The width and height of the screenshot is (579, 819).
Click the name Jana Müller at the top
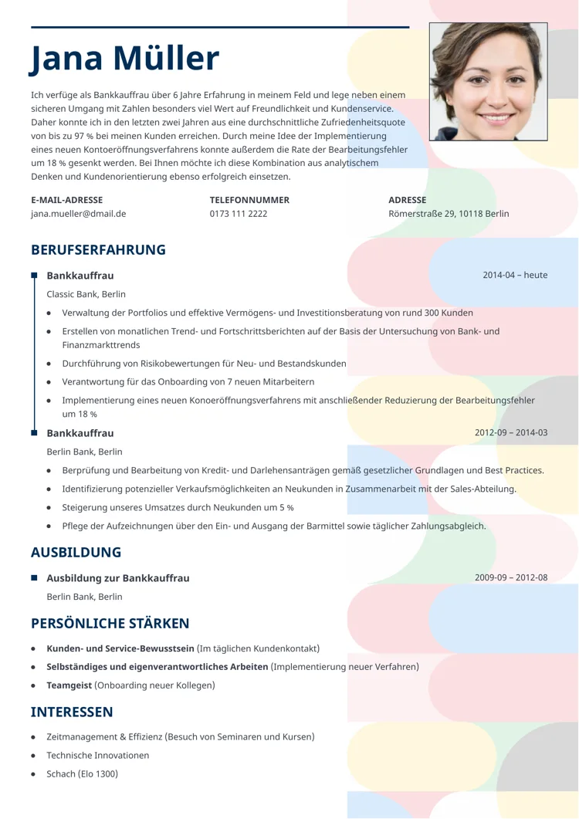[x=125, y=59]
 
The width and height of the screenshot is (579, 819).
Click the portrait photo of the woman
[x=488, y=81]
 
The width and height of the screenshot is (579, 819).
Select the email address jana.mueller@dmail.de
[x=78, y=214]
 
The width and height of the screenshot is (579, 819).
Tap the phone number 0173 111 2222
[x=239, y=214]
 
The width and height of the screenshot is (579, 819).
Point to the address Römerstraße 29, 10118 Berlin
[x=449, y=214]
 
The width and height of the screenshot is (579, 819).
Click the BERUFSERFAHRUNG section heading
[x=98, y=250]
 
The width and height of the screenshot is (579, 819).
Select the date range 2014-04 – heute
[x=515, y=275]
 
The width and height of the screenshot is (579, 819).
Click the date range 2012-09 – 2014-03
[x=511, y=432]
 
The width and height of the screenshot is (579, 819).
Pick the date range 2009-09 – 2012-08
[x=511, y=577]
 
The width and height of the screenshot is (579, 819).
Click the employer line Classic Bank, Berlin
[x=86, y=294]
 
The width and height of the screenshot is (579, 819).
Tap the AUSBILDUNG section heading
[x=76, y=553]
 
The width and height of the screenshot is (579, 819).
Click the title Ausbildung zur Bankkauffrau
[x=117, y=578]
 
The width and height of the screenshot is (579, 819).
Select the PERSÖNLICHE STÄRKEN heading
[x=110, y=624]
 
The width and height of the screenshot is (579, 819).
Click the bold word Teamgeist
[x=69, y=685]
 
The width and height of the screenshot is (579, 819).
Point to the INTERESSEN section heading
[x=72, y=712]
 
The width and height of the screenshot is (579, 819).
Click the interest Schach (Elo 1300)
[x=82, y=774]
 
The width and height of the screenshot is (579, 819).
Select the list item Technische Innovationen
[x=97, y=756]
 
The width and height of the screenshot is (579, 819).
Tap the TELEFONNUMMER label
[x=249, y=200]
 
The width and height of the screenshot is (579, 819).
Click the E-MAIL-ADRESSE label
[x=66, y=200]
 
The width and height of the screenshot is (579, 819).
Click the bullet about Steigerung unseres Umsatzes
[x=178, y=508]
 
